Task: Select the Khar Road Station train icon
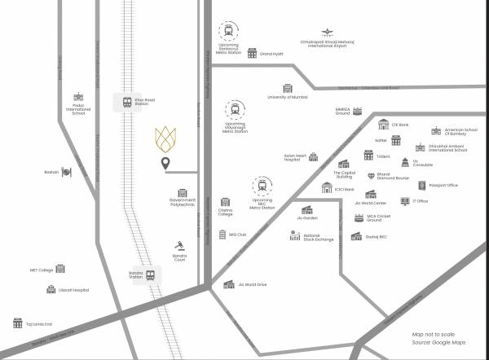point(127,103)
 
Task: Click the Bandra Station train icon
point(151,275)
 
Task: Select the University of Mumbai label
point(288,97)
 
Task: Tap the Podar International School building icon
point(78,96)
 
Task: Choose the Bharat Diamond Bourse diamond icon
point(370,175)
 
